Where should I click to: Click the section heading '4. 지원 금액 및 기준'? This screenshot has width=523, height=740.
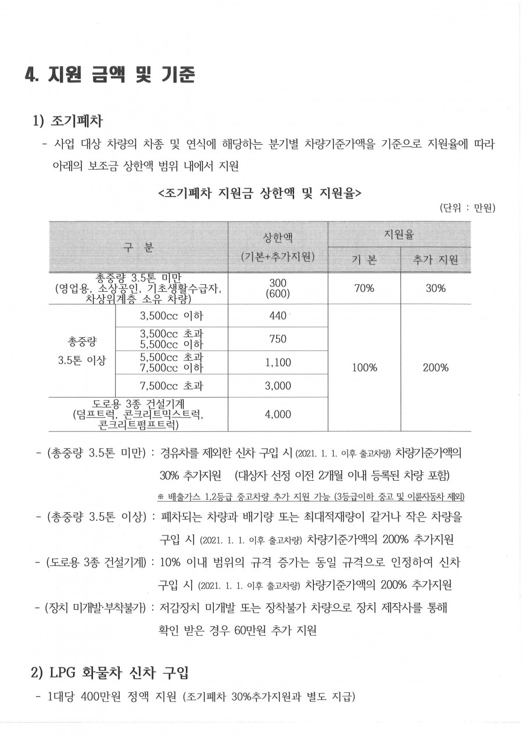(110, 75)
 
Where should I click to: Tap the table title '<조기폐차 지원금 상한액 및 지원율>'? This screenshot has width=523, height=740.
(260, 192)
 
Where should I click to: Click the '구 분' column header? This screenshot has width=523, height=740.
(138, 247)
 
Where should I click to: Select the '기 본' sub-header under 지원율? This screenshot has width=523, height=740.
(364, 260)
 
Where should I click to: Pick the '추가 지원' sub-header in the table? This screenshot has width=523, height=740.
(435, 260)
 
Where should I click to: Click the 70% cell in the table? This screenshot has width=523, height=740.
(364, 288)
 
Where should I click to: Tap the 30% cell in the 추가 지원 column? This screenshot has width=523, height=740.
(435, 288)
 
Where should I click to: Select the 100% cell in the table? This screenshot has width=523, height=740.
(364, 367)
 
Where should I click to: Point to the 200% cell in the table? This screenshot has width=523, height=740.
(435, 367)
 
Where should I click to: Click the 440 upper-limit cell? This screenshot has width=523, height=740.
(278, 316)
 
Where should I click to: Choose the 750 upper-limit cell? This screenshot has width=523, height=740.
(278, 339)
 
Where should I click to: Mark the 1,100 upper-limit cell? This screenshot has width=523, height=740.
(278, 363)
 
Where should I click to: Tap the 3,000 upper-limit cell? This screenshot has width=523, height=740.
(278, 385)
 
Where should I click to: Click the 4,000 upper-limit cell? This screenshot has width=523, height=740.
(278, 414)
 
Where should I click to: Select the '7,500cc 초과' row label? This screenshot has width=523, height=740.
(171, 385)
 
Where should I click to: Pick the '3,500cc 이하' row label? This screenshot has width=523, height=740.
(171, 316)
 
